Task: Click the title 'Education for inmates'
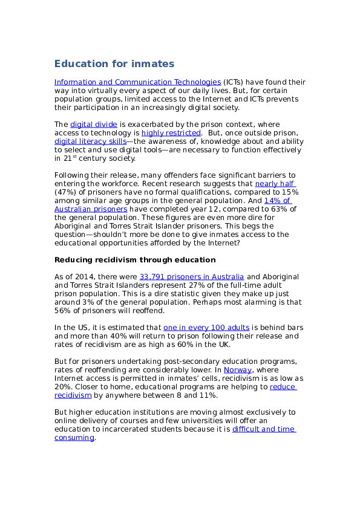click(114, 63)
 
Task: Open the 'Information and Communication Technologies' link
click(137, 82)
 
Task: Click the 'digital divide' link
click(94, 125)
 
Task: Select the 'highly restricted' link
click(171, 133)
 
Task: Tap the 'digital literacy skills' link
click(90, 141)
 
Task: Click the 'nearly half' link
click(275, 184)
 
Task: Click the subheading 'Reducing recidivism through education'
click(135, 260)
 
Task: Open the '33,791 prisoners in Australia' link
click(191, 277)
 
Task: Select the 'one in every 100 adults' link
click(206, 328)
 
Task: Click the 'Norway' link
click(238, 370)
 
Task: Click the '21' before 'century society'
click(68, 158)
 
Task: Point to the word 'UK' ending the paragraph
click(224, 345)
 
